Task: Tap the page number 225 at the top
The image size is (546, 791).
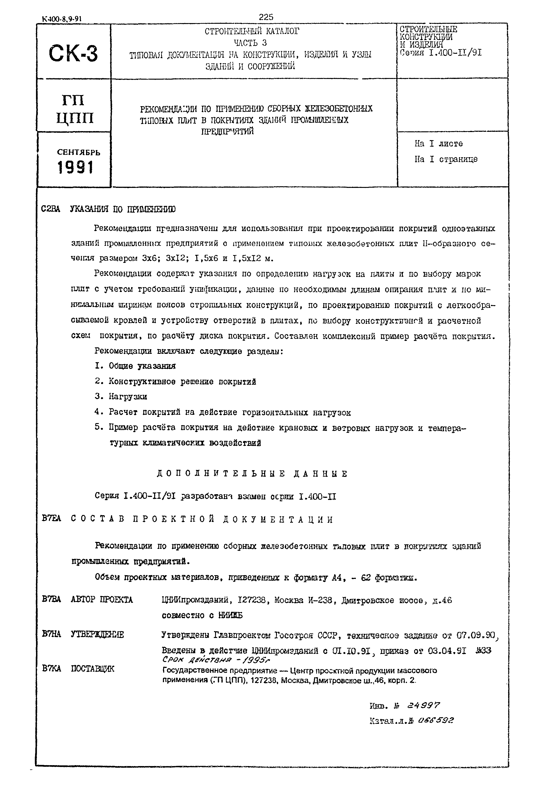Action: tap(266, 17)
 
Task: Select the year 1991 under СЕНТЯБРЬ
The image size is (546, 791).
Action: tap(75, 168)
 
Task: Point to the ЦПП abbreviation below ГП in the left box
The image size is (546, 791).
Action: tap(75, 118)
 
